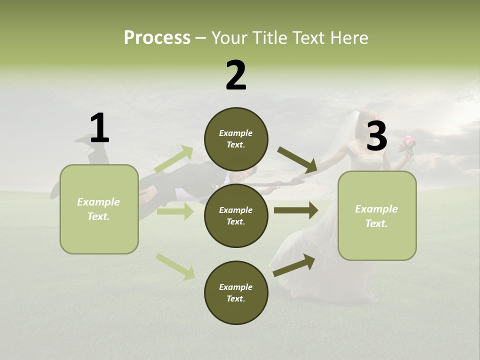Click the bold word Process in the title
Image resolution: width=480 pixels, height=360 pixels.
pos(157,37)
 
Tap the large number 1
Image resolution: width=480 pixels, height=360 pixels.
pos(99,128)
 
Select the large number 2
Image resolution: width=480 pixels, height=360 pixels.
pos(236,75)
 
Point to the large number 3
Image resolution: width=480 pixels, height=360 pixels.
pos(376,136)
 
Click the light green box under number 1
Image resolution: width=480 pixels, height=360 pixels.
pos(99,209)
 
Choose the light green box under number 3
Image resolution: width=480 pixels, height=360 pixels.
pos(377,215)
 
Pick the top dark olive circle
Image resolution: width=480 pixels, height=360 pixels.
pos(236,139)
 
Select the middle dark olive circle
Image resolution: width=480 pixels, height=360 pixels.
pos(236,215)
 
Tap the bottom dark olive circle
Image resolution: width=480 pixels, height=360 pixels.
pos(236,292)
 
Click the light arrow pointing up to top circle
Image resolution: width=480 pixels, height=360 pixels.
pos(174,159)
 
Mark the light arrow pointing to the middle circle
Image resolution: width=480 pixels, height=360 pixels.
pos(175,212)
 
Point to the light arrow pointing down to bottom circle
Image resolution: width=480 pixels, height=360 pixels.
pos(175,266)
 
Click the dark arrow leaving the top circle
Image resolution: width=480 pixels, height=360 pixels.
pos(297,159)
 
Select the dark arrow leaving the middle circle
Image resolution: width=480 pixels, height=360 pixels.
pos(295,210)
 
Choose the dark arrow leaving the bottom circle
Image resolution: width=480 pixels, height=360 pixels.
pos(293,265)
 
